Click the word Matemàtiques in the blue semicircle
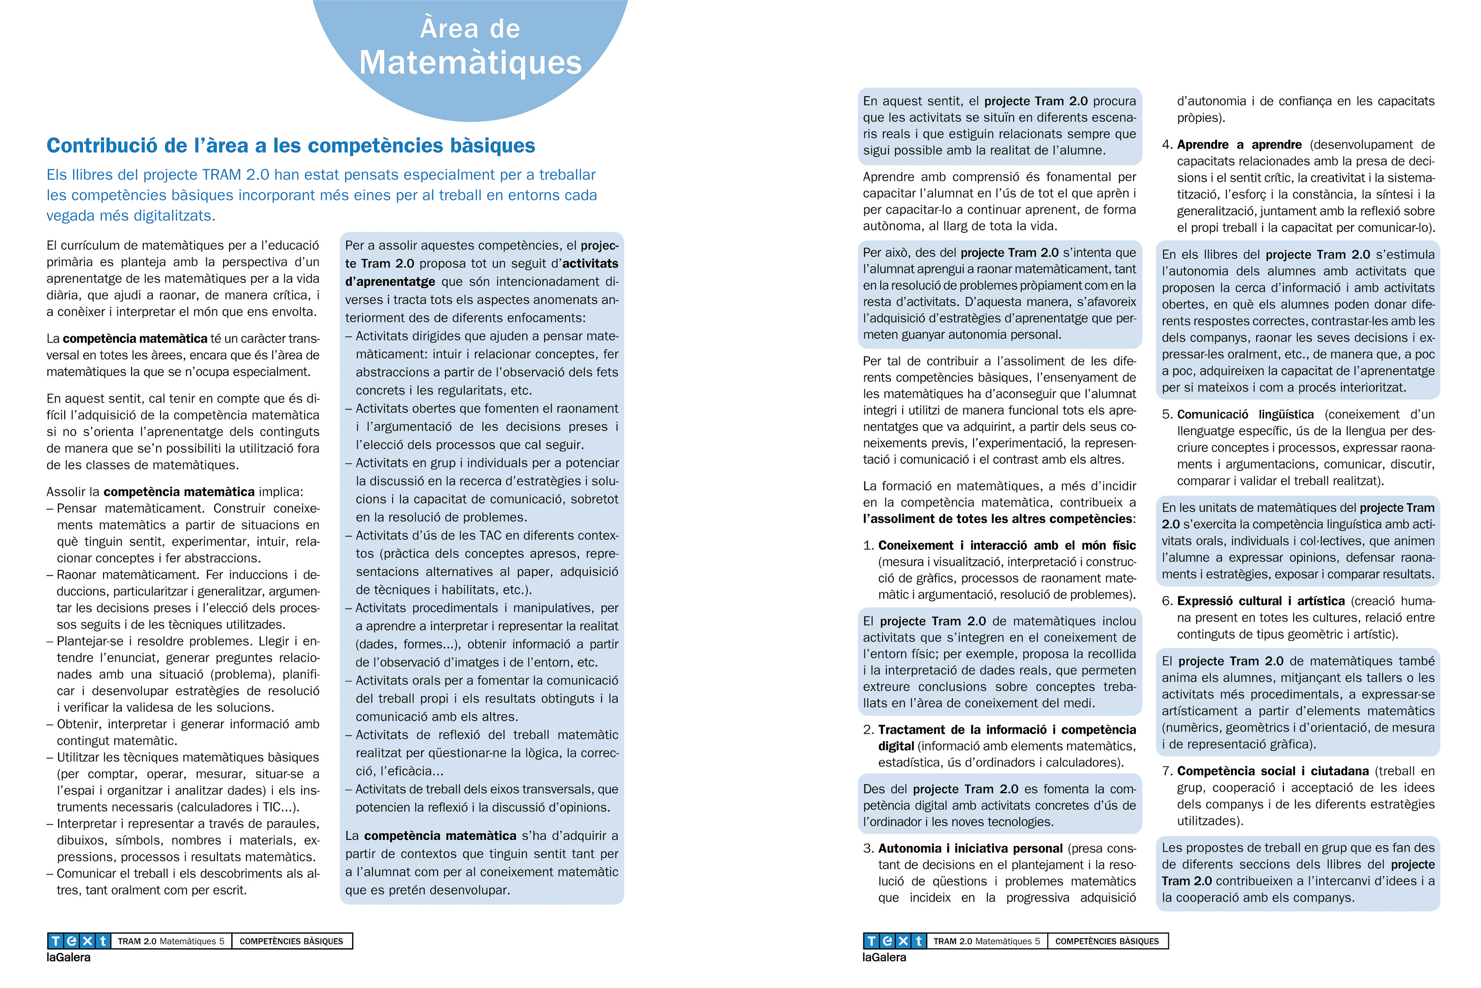470,63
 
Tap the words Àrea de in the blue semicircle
470,29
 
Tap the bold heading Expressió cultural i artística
1260,601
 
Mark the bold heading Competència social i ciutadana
1272,771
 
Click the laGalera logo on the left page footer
69,958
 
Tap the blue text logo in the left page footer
79,941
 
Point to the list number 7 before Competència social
1166,771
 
